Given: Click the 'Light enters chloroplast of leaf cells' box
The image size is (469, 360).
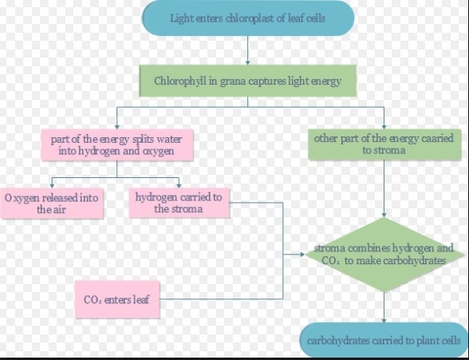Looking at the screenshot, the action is coord(248,18).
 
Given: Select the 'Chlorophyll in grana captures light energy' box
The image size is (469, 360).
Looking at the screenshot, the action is coord(248,81).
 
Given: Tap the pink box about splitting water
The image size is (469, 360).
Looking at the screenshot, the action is coord(117,145).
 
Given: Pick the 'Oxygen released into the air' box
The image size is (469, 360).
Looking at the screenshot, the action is coord(52,204).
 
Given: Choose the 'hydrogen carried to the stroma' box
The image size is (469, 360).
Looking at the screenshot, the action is coord(179,203).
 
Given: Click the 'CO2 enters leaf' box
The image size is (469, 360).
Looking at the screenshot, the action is coord(117,299).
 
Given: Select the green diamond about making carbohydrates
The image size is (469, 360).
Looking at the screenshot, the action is coord(384,255).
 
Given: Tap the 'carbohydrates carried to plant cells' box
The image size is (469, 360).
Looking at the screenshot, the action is coord(384,340).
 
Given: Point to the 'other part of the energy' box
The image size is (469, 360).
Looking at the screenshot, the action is coord(384,144).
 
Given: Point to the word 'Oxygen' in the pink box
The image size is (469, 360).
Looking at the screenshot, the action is coord(22,199).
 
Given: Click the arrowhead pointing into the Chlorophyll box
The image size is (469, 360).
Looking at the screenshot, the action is coord(247,63).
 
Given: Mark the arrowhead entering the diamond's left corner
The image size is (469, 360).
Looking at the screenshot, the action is coord(302,255).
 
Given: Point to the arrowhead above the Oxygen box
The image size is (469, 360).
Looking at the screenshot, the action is coord(52,186).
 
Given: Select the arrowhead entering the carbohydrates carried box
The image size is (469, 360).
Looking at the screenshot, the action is coord(384,320).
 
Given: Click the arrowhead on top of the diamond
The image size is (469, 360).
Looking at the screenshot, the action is coord(384,215).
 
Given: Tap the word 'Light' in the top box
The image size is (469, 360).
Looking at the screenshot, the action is coord(182,18).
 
